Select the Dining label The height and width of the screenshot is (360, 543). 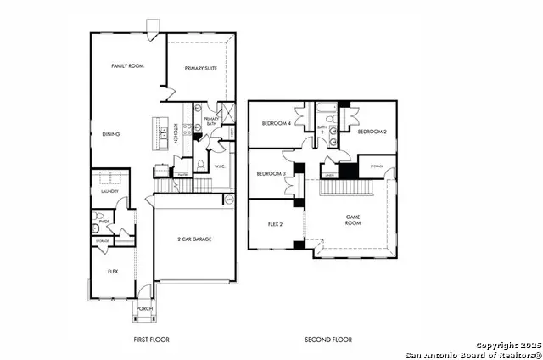[110, 133]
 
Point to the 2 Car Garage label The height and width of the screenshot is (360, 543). [194, 239]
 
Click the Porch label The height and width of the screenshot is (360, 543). [144, 308]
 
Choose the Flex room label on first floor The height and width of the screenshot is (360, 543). [112, 271]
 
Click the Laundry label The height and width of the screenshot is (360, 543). [109, 192]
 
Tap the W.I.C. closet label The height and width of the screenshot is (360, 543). [219, 166]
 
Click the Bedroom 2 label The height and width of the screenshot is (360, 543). [372, 132]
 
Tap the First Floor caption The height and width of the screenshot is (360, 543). [151, 340]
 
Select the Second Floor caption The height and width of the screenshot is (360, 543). [328, 340]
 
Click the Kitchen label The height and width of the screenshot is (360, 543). [175, 133]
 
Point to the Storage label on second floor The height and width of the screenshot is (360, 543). [377, 166]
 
